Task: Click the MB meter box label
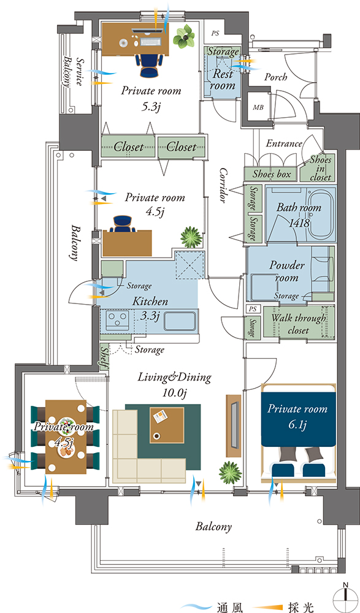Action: point(258,107)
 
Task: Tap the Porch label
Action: point(276,77)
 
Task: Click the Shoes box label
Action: point(271,174)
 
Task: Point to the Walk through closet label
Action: point(299,324)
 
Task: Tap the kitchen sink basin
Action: point(180,321)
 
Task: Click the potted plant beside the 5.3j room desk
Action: point(183,37)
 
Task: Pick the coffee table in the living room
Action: point(167,425)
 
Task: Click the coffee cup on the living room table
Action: point(157,435)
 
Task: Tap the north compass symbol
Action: point(345,597)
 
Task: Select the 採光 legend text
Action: point(301,607)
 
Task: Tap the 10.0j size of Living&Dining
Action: point(175,392)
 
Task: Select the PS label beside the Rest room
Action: point(215,34)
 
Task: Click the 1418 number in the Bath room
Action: point(299,223)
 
